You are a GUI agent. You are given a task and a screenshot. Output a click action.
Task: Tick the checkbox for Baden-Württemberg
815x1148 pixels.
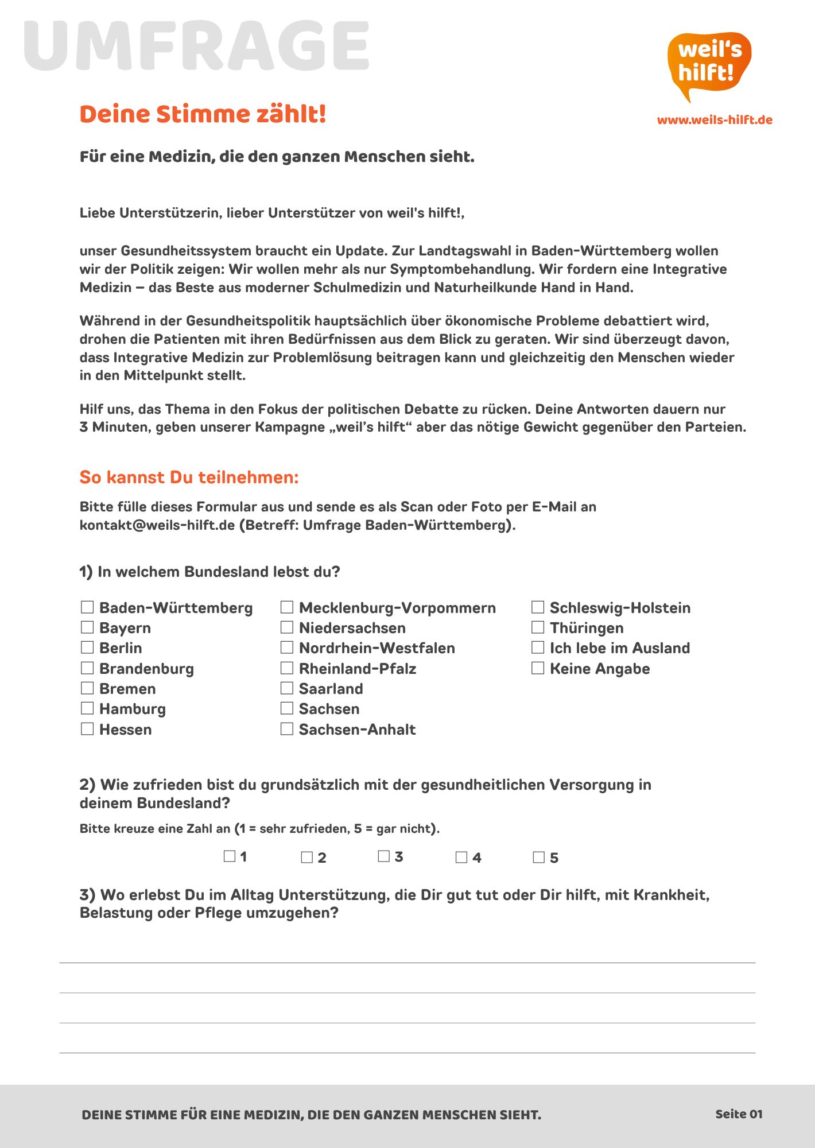87,607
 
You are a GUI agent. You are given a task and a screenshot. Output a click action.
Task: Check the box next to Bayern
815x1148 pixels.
87,627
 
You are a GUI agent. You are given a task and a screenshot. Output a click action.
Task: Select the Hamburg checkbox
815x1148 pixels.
87,708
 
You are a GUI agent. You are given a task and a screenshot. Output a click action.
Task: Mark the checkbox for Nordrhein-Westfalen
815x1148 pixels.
287,647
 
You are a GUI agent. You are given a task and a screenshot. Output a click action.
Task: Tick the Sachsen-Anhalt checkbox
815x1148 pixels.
287,728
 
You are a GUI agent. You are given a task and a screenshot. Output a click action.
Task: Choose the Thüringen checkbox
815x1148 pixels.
538,627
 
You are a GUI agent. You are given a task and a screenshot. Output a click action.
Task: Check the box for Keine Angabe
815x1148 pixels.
538,668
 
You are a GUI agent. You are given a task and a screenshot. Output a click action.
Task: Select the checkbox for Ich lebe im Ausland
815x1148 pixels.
538,647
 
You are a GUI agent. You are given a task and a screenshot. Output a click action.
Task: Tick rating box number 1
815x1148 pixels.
230,856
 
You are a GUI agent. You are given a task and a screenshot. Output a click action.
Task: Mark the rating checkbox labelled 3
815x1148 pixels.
384,856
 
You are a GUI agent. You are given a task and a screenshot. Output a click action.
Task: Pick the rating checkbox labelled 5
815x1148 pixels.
538,857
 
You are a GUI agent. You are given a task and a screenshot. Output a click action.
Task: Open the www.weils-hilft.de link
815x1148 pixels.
715,120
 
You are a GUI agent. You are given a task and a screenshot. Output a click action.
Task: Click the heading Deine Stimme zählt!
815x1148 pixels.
203,114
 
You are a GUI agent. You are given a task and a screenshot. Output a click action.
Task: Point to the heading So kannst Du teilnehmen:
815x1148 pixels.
189,477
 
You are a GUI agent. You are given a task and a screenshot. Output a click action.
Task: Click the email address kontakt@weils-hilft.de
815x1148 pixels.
157,525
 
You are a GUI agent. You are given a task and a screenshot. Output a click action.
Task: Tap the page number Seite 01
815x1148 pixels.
739,1114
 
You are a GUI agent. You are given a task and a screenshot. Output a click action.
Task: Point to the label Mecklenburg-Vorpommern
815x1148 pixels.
397,607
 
